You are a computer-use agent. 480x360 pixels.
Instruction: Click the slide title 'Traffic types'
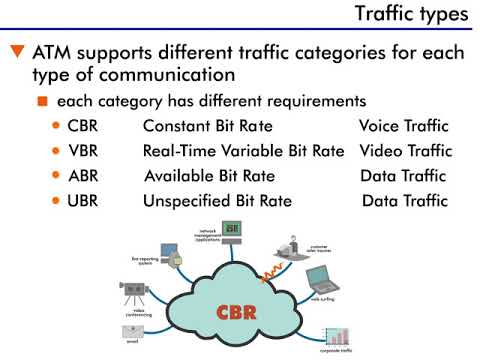pos(412,15)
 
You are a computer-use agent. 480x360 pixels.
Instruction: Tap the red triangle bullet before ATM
pos(15,50)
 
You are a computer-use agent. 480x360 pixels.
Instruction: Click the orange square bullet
pos(42,102)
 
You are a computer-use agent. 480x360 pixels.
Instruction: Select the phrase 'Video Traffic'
pos(404,152)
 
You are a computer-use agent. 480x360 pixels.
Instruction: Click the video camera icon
pos(135,291)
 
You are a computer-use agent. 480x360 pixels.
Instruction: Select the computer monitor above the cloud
pos(232,230)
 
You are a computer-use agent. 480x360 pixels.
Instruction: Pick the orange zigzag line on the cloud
pos(270,268)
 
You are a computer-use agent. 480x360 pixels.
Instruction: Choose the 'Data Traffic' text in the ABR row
pos(404,176)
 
